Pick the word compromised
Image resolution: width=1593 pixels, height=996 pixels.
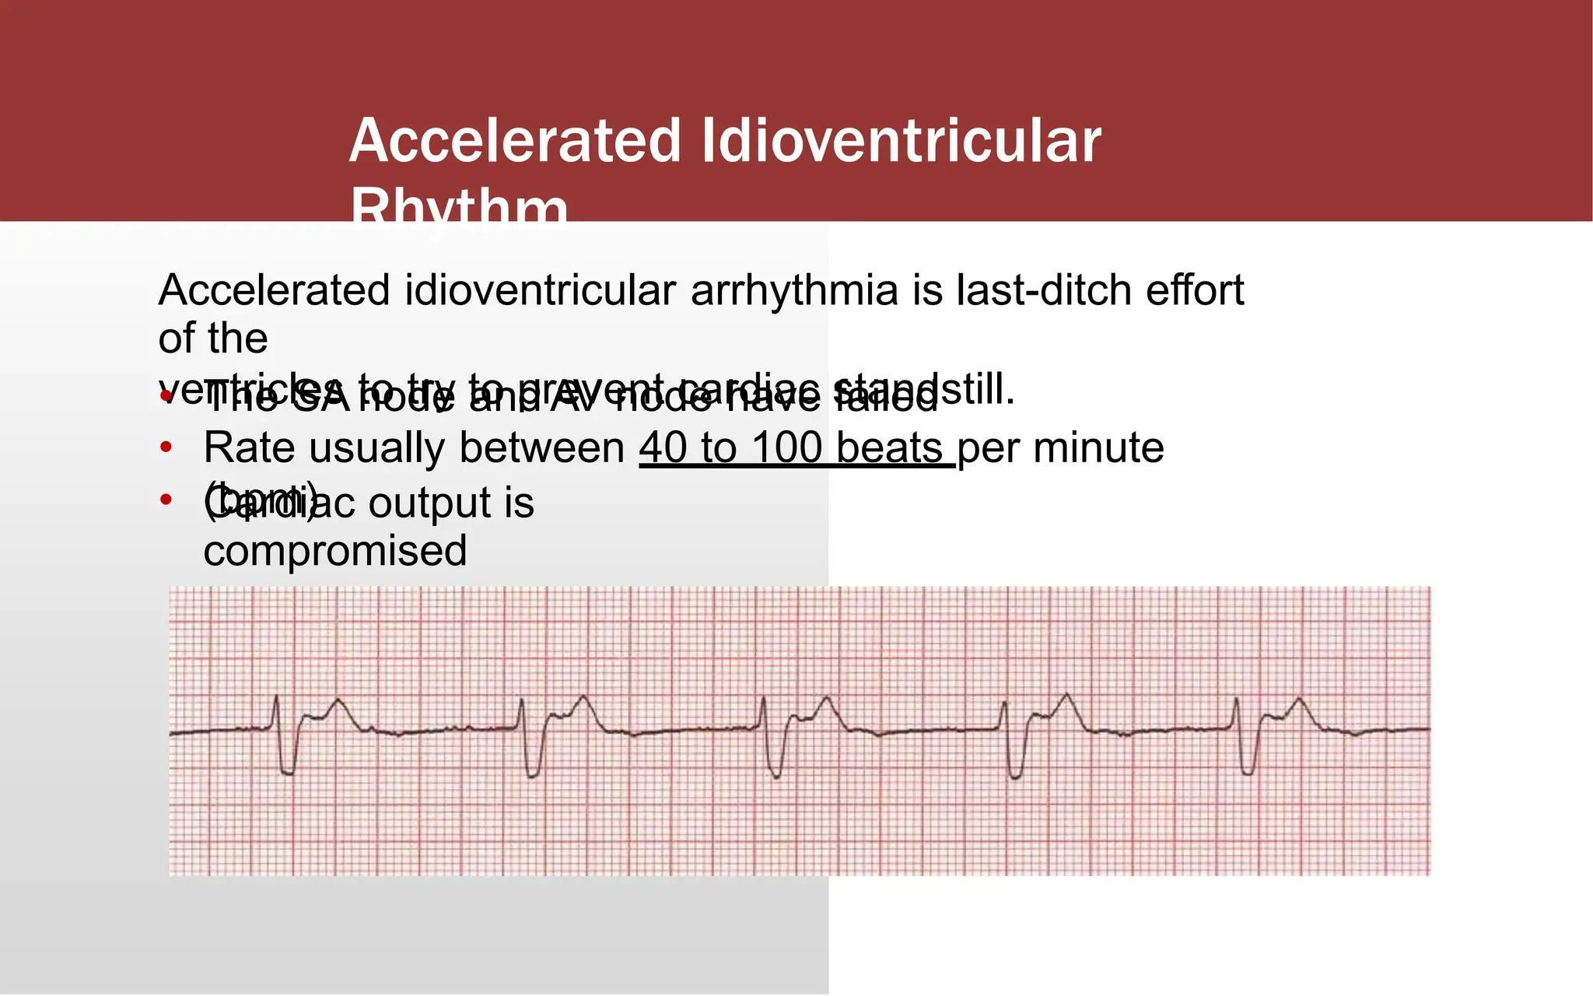coord(335,551)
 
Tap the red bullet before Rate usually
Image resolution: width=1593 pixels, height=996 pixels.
coord(165,448)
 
